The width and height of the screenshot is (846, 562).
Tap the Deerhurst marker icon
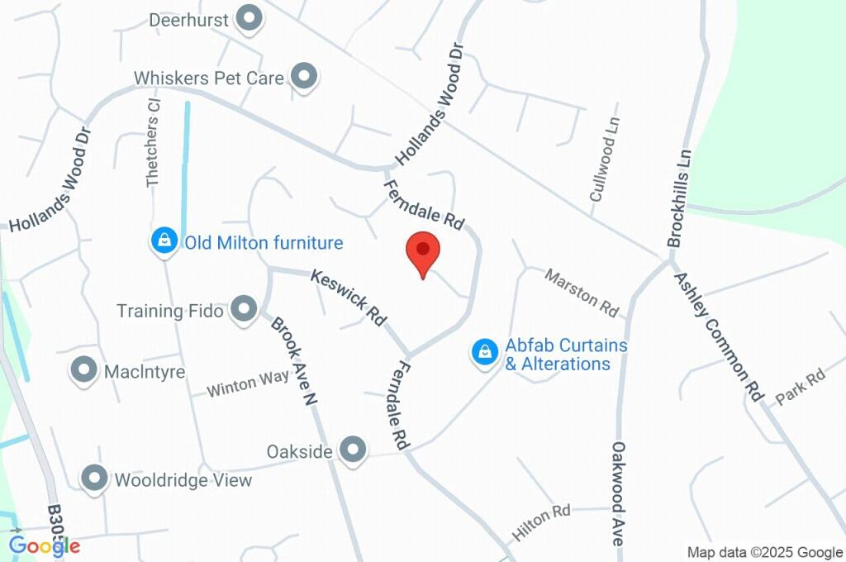point(248,17)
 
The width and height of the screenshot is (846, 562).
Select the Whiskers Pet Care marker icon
point(306,77)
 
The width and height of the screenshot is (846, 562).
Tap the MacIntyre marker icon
point(83,371)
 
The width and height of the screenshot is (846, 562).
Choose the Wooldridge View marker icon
point(94,479)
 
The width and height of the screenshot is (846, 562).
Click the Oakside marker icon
point(354,450)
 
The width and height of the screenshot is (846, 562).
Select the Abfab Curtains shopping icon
point(483,353)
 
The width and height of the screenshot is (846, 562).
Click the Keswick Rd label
point(349,297)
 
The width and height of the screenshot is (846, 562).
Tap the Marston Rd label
point(581,292)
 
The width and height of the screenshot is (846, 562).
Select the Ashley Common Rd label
point(718,336)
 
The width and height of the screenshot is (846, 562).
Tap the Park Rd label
point(800,388)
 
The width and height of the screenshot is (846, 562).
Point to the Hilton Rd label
point(541,522)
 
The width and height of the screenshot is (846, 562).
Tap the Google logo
point(45,545)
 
